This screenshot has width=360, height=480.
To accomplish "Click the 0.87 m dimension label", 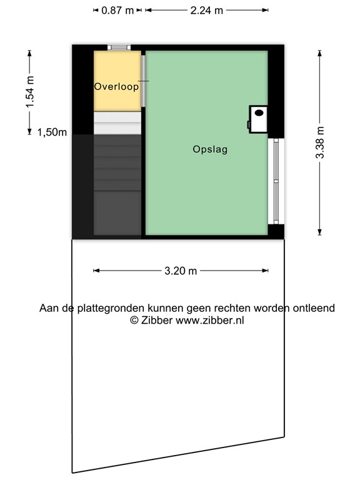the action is click(x=117, y=11).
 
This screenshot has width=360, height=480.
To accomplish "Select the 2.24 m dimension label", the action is click(x=207, y=11).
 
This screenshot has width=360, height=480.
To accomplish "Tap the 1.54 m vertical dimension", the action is click(x=30, y=92).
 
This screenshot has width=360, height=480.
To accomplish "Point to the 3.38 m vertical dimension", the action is click(x=319, y=142).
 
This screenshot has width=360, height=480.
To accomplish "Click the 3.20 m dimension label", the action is click(x=181, y=271).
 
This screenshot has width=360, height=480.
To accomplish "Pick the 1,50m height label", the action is click(x=52, y=132).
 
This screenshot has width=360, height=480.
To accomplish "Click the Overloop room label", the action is click(x=116, y=87).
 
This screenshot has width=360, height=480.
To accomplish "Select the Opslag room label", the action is click(x=210, y=149).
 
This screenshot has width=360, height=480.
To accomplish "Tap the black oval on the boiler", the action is click(x=259, y=112).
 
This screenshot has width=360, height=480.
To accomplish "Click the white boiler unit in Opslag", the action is click(x=257, y=119).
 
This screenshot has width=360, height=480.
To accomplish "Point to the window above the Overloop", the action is click(x=119, y=47).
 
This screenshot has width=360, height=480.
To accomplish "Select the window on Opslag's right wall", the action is click(x=276, y=181).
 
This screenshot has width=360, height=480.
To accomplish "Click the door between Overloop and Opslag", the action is click(x=143, y=81).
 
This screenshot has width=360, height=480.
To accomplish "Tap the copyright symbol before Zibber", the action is click(x=134, y=320).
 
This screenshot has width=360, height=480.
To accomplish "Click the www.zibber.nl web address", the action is click(x=210, y=320).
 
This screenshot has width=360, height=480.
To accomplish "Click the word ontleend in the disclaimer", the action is click(x=314, y=308).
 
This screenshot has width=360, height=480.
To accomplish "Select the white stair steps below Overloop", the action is click(x=117, y=122).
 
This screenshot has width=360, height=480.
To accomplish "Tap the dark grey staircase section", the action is click(x=117, y=185).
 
